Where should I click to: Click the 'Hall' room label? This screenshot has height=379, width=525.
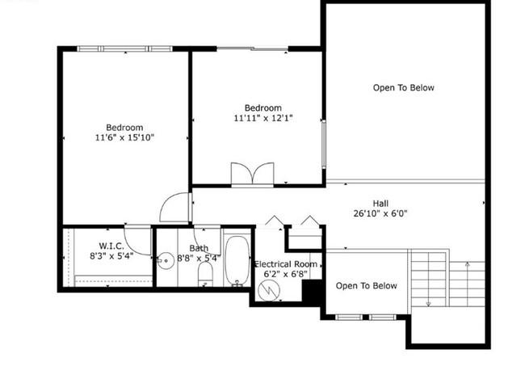[382, 204]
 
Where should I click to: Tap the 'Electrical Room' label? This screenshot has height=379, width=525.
[285, 264]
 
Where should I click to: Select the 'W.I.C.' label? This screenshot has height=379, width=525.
[111, 246]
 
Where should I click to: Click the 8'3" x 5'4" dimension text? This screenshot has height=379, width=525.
[111, 257]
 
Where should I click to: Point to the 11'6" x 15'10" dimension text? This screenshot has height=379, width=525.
[124, 138]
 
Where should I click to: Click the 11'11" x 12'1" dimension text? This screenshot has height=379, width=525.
[262, 119]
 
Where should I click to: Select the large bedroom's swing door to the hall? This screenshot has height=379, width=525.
[174, 208]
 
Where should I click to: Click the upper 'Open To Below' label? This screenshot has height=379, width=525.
[403, 87]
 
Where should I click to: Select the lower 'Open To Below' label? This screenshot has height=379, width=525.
[366, 286]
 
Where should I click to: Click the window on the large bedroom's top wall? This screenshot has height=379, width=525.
[124, 48]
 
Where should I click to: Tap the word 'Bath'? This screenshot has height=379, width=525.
[199, 248]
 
